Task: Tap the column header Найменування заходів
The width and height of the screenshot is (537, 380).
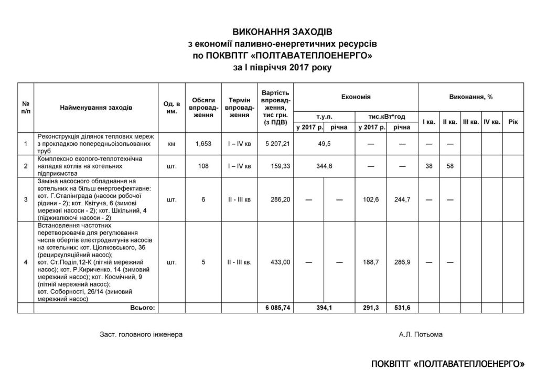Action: (96, 108)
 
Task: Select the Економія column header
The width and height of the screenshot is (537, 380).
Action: (356, 97)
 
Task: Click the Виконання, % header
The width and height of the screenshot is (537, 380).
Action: (471, 97)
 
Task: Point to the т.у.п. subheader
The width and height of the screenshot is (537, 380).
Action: (324, 117)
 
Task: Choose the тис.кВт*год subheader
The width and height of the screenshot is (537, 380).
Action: (386, 117)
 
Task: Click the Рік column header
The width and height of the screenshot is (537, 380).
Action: (513, 122)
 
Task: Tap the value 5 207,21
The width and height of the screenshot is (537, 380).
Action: (278, 143)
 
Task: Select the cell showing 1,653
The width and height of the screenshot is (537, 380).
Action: (203, 143)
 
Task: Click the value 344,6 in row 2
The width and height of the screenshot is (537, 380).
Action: (324, 166)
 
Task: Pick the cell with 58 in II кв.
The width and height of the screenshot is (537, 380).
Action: (449, 166)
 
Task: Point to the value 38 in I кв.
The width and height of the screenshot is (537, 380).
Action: (428, 166)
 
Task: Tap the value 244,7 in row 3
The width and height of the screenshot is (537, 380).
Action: (402, 199)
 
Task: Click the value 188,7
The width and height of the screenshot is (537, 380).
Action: (371, 262)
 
